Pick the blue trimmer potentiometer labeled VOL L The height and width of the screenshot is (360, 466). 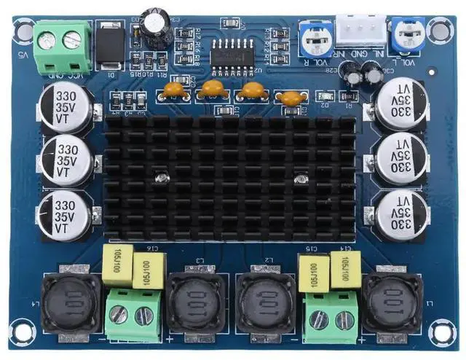402,34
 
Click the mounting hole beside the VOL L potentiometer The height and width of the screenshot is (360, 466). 439,28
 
